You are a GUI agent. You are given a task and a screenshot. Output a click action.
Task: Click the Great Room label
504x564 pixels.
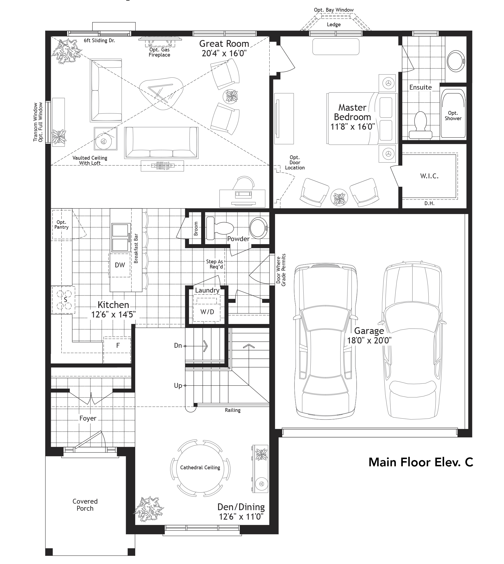click(x=224, y=44)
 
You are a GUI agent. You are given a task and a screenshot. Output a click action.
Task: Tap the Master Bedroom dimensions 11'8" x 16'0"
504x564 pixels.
click(x=352, y=127)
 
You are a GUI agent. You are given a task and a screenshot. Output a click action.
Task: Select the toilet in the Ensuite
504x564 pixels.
click(x=420, y=125)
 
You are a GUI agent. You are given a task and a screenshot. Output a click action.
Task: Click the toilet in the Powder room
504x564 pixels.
click(x=220, y=228)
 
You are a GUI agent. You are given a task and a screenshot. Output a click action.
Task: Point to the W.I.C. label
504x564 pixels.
click(x=429, y=176)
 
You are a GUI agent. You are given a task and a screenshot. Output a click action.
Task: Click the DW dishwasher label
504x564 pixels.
click(x=120, y=265)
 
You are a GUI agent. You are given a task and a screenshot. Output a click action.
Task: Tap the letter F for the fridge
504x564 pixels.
click(x=118, y=345)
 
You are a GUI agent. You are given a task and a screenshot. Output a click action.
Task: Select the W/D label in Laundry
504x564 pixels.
click(x=207, y=312)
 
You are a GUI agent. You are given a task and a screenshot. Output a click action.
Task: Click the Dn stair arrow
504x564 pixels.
click(x=205, y=346)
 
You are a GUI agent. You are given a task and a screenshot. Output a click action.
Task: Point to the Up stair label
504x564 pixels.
click(x=178, y=385)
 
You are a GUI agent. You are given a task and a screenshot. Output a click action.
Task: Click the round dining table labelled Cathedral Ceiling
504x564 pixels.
click(x=200, y=468)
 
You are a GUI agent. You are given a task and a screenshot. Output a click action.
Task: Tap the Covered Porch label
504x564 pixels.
click(x=85, y=505)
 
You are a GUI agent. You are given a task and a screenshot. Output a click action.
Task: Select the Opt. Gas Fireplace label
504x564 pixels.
click(x=159, y=52)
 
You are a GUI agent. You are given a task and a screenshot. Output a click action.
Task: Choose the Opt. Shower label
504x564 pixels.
click(x=453, y=116)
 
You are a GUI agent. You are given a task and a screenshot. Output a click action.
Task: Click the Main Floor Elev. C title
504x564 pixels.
click(x=420, y=462)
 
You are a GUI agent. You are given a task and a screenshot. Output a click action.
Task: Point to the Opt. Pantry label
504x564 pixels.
click(x=61, y=225)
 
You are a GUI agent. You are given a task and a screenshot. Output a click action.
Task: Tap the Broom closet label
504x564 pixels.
click(x=196, y=229)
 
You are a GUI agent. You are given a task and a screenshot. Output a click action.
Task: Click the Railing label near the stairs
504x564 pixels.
click(x=232, y=410)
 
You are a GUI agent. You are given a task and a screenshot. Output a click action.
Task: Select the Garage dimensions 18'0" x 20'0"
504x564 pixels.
click(x=369, y=340)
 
